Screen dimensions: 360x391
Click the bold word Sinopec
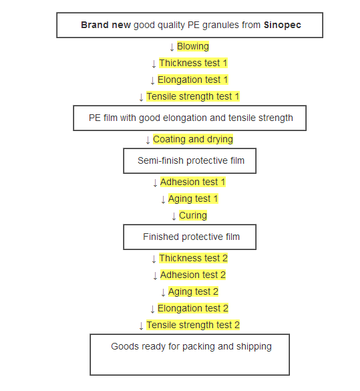[283, 25]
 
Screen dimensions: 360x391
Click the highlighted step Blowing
[193, 46]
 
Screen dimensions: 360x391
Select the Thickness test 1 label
[193, 63]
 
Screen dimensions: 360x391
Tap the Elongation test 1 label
[192, 80]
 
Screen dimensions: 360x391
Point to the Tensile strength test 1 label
[193, 96]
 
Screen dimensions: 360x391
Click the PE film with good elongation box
[190, 118]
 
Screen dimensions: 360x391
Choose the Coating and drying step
[193, 139]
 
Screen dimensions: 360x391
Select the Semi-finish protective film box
[190, 161]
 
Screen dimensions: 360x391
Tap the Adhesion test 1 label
[192, 182]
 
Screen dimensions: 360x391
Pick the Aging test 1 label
[193, 199]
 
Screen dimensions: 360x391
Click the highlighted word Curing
[193, 215]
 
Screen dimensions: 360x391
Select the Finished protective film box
[190, 237]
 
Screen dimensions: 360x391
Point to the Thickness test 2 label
[193, 258]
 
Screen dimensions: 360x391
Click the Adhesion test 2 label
[192, 275]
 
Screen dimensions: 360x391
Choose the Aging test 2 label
[193, 291]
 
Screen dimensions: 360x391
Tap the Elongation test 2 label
[192, 308]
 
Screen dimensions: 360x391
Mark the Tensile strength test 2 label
[193, 325]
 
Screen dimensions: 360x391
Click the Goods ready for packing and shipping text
[191, 347]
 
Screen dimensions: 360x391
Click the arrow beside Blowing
[172, 47]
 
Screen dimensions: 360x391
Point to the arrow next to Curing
[174, 216]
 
